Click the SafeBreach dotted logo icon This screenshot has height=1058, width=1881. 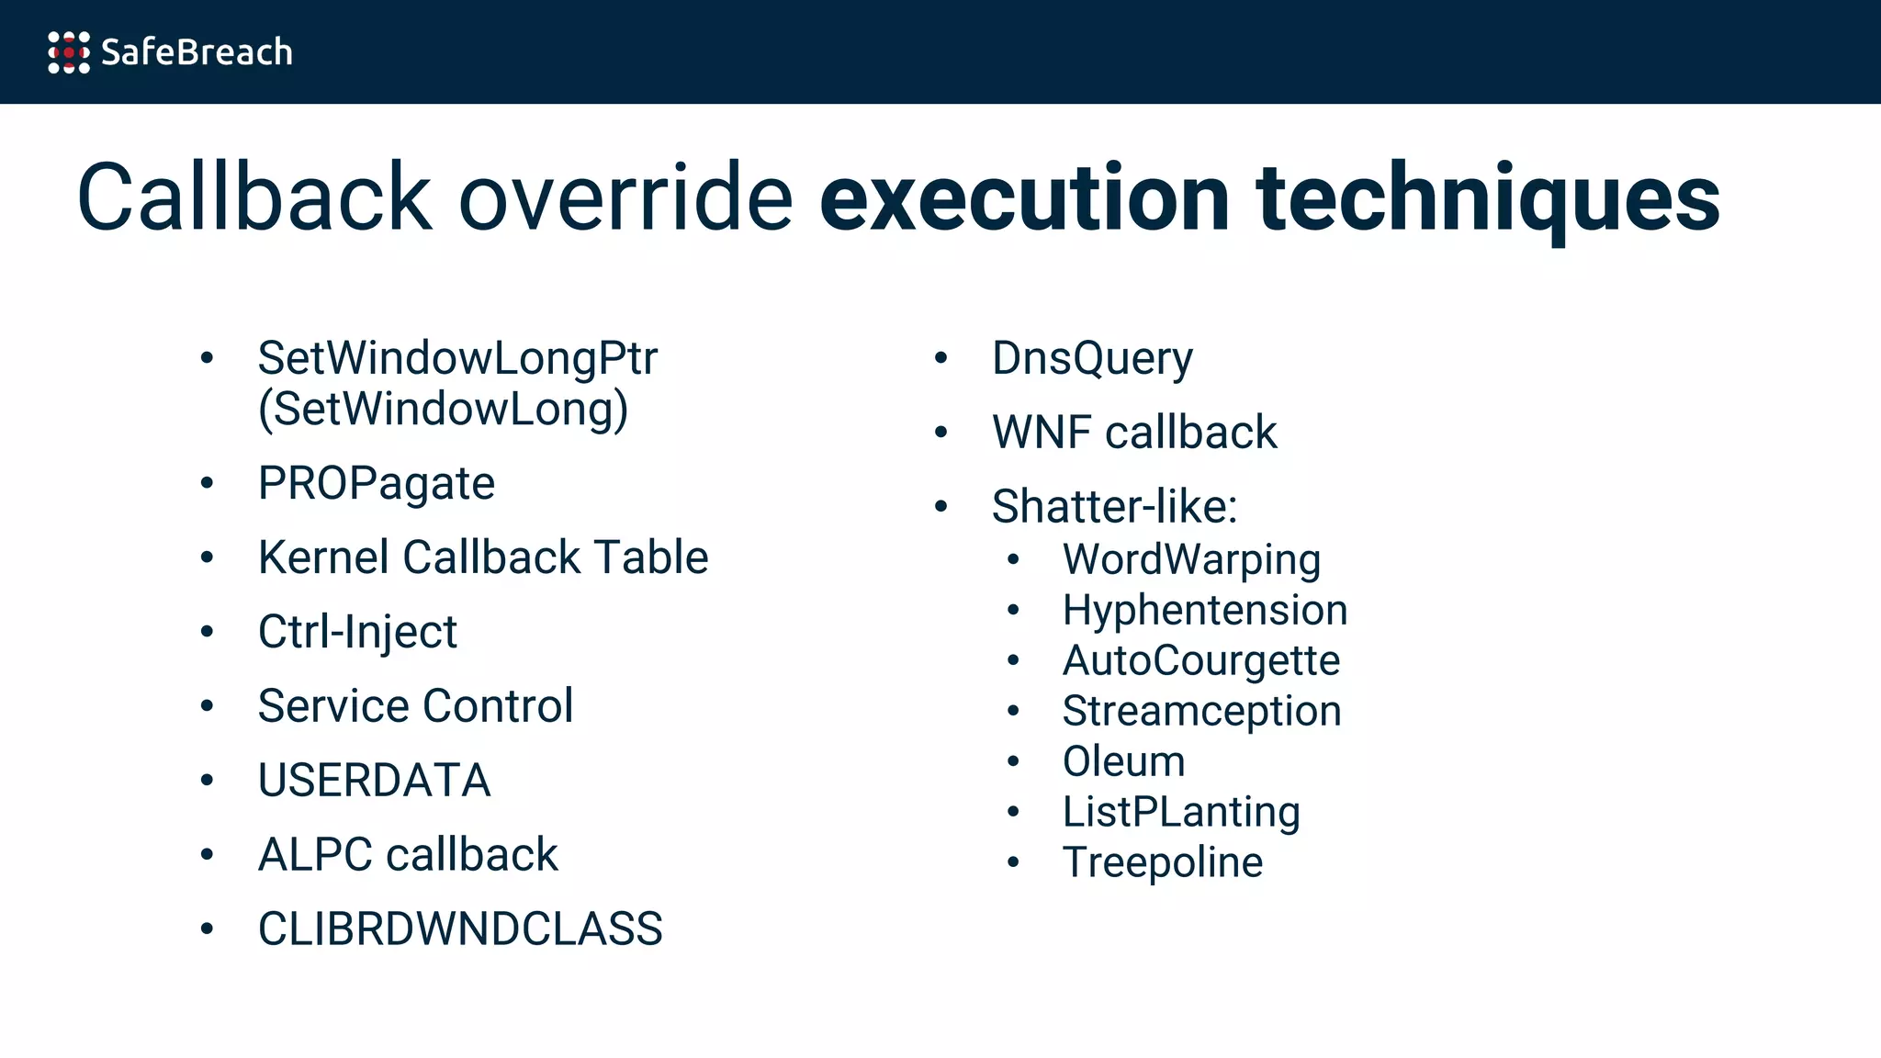tap(69, 52)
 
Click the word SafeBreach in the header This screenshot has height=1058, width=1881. tap(197, 52)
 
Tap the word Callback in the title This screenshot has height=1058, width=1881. tap(253, 197)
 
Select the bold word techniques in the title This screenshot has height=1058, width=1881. tap(1487, 197)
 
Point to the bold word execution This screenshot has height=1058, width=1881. tap(1024, 197)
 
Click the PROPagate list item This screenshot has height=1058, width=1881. tap(376, 483)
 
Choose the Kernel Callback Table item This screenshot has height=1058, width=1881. tap(483, 557)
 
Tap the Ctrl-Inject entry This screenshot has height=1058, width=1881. tap(357, 632)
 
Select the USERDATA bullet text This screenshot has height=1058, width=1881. tap(374, 781)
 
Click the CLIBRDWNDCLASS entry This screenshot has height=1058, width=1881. tap(460, 929)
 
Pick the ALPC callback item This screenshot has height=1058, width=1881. tap(408, 855)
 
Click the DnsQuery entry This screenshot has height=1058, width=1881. tap(1092, 358)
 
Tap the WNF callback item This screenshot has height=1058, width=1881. tap(1134, 433)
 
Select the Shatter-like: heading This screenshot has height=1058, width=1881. tap(1114, 507)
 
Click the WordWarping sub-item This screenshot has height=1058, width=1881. tap(1191, 559)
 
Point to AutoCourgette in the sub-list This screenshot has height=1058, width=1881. tap(1200, 660)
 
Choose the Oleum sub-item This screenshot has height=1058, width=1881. tap(1123, 761)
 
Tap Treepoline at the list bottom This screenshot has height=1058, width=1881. tap(1162, 862)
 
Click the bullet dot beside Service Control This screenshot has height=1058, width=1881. tap(208, 706)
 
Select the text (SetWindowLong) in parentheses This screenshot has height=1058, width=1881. tap(443, 409)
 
